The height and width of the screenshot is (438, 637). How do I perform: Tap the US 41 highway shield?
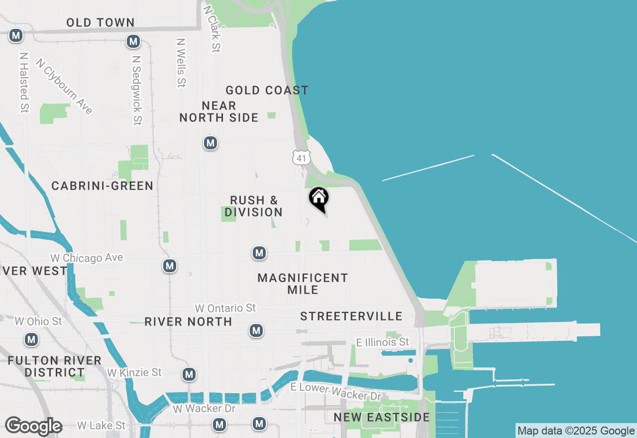(301, 158)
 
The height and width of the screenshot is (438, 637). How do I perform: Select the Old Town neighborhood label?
(101, 22)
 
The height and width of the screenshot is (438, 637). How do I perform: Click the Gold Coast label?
(267, 90)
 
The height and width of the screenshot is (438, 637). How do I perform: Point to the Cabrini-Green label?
(103, 186)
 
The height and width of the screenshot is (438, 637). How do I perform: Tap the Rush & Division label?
(254, 206)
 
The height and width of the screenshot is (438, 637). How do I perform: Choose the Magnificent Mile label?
(303, 284)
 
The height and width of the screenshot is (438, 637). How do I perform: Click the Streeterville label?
(351, 317)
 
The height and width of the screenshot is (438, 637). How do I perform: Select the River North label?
(188, 322)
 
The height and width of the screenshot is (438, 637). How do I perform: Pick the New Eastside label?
(382, 417)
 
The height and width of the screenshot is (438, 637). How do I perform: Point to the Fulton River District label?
(55, 366)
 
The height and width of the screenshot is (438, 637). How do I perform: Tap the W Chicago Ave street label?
(87, 258)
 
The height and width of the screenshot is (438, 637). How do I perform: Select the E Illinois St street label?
(383, 342)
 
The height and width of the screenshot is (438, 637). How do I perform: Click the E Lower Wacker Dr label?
(336, 392)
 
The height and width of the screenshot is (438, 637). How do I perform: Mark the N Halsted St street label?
(23, 82)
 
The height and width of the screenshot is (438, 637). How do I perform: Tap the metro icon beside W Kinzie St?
(189, 374)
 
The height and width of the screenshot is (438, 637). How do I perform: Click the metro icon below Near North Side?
(211, 143)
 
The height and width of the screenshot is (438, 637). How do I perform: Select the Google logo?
(33, 426)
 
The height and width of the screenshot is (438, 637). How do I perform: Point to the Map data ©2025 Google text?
(576, 431)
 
